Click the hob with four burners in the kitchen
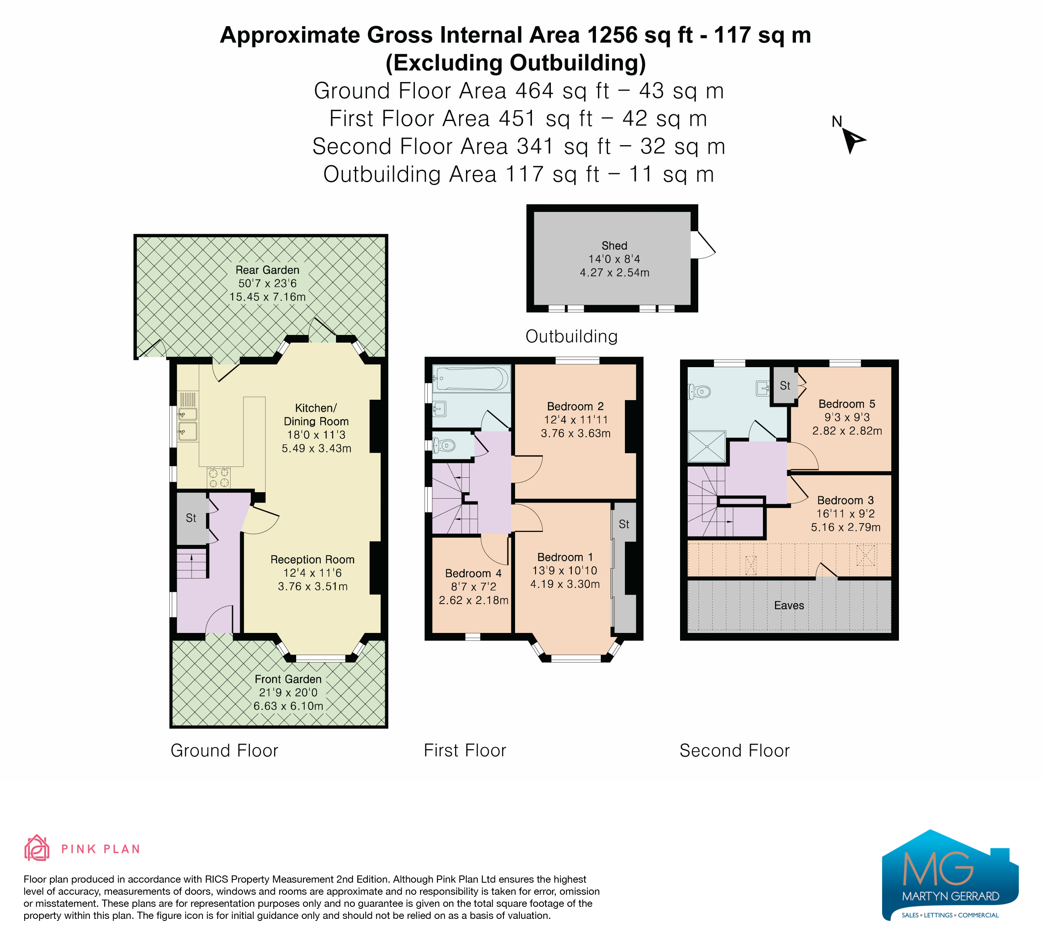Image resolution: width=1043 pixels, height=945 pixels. pos(218,477)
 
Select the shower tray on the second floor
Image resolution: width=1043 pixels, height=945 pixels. pos(707,446)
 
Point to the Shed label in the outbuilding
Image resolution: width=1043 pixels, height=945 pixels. pos(614,246)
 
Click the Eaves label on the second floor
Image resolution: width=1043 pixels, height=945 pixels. pos(789,605)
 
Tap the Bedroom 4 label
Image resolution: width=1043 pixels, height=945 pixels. pos(473,573)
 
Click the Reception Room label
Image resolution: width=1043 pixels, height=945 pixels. pos(313,559)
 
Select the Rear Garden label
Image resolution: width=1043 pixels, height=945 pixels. pos(268,270)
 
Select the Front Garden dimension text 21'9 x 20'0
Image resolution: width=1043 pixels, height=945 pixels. pos(288,692)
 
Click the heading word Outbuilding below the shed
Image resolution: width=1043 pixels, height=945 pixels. pos(572,337)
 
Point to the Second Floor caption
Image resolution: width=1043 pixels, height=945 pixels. pos(735,751)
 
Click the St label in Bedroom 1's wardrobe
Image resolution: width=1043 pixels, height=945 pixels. pos(624,524)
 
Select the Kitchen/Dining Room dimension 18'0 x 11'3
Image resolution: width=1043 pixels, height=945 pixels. pos(316,435)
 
